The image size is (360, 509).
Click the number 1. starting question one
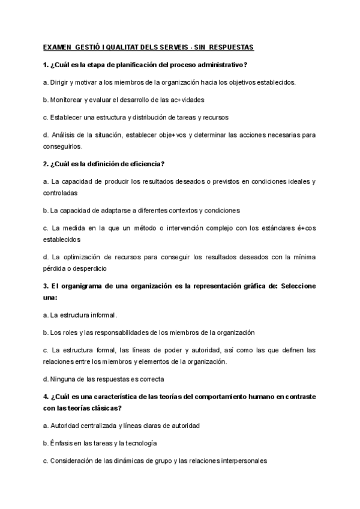(46, 64)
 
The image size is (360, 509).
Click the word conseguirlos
(66, 146)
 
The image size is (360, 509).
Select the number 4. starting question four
(46, 397)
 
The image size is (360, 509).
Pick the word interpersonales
(239, 460)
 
